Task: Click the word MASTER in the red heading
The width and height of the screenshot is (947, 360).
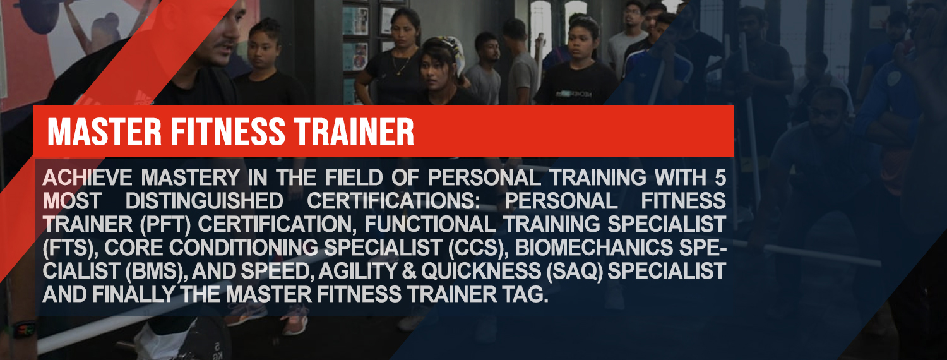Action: pos(104,131)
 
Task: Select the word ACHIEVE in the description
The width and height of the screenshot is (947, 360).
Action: pos(88,177)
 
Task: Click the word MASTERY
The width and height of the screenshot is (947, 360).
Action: pos(191,177)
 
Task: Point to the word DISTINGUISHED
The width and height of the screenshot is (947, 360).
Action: pos(204,201)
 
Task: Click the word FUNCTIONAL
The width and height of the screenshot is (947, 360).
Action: pos(431,224)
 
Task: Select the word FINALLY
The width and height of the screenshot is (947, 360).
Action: pos(133,295)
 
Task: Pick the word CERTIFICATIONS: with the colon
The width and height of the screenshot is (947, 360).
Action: pos(393,201)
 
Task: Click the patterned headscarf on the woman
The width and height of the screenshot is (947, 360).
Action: pos(451,49)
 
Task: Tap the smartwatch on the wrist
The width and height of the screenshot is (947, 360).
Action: pos(24,328)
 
